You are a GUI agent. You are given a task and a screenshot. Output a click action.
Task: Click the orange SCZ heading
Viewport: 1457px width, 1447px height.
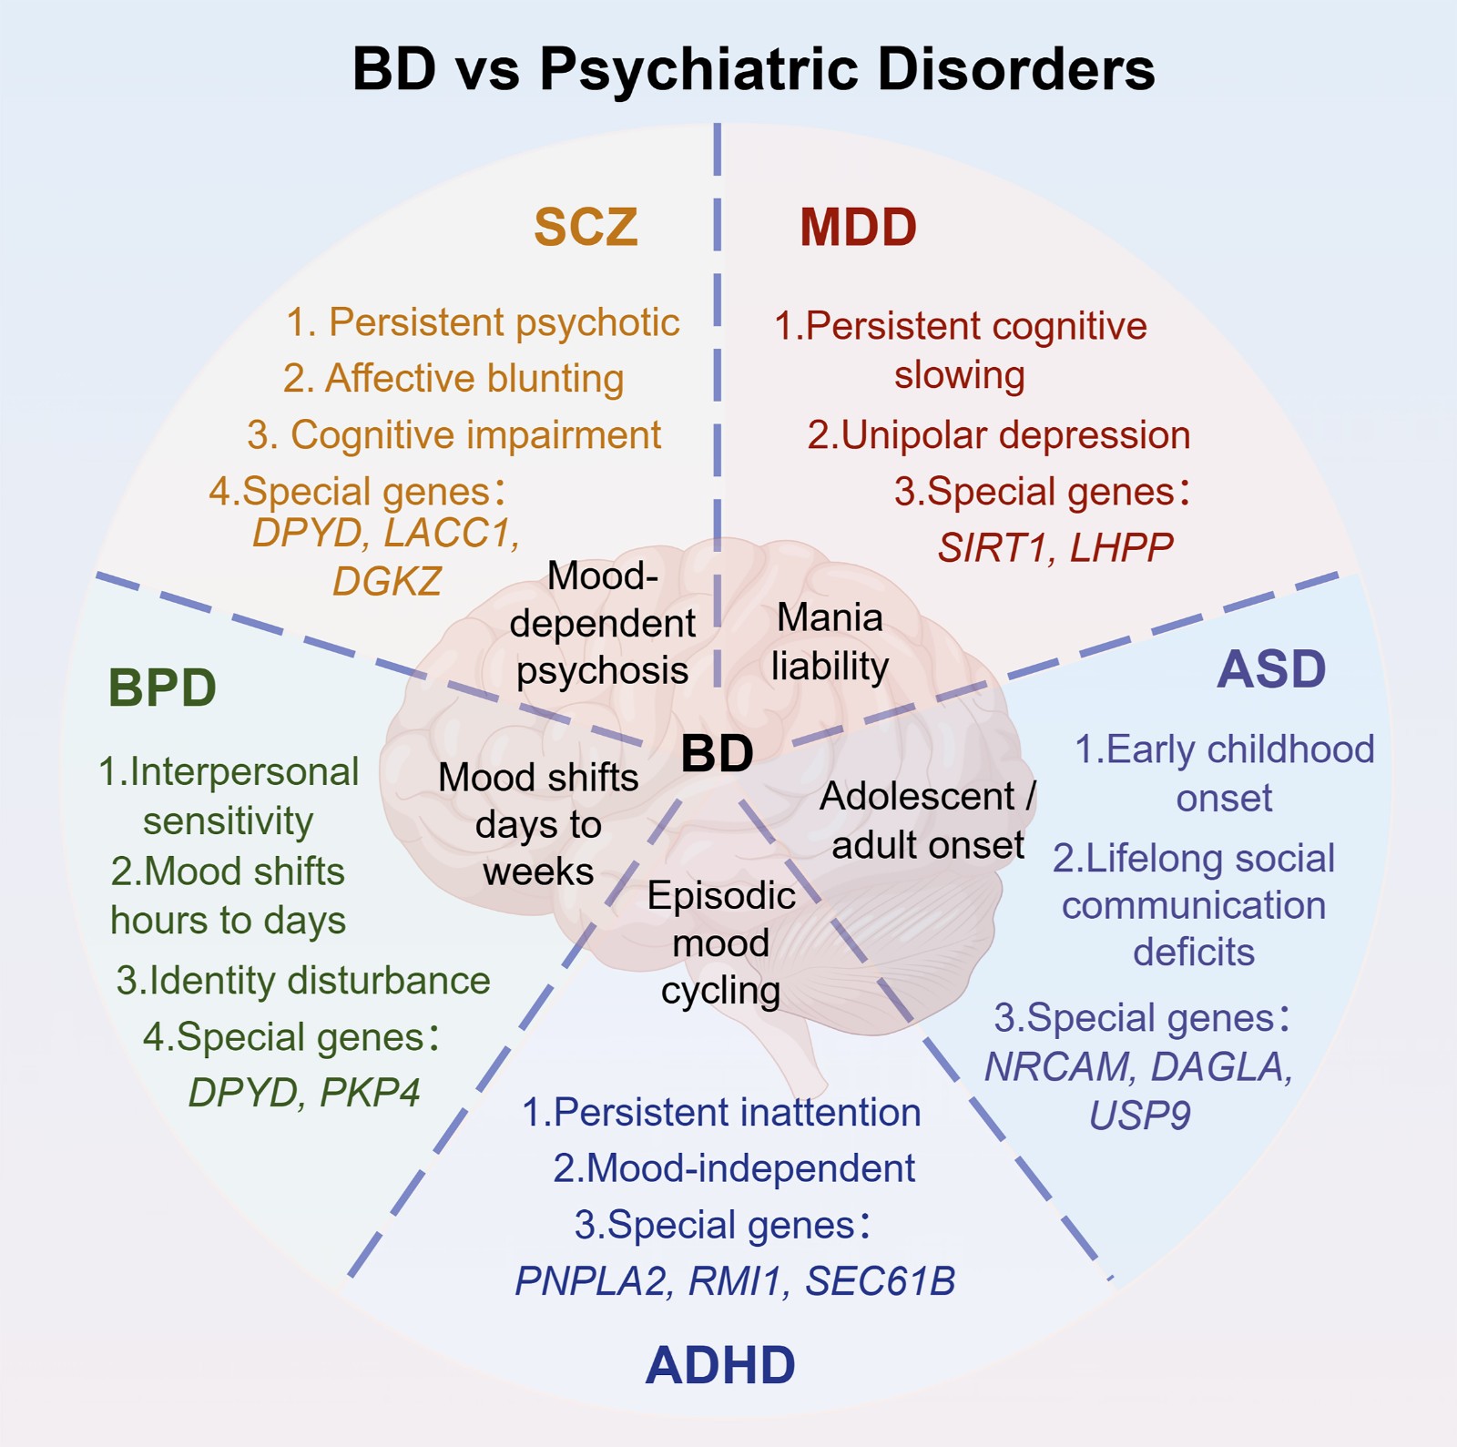(586, 227)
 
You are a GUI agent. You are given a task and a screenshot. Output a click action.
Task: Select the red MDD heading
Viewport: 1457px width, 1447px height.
(858, 227)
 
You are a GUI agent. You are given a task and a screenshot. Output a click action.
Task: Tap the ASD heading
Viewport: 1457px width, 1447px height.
(1271, 669)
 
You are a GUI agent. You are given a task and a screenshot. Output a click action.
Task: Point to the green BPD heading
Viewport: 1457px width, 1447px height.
(162, 688)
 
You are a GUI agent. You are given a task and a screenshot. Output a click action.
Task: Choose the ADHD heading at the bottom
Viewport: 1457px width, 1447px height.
(720, 1365)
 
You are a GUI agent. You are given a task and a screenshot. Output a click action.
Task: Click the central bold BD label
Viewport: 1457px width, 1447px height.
(718, 753)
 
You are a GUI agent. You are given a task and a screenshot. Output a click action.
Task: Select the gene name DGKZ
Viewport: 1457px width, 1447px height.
(387, 581)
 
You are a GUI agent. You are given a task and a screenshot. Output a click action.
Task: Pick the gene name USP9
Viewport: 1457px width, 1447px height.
(1140, 1116)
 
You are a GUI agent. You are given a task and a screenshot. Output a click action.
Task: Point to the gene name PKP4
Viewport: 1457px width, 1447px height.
(370, 1092)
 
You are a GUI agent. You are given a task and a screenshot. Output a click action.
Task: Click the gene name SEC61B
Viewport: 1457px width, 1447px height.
(881, 1281)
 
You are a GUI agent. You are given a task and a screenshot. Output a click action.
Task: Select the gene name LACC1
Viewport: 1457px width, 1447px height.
(452, 533)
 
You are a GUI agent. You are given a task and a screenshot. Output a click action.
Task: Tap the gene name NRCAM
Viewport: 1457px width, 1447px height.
(1058, 1066)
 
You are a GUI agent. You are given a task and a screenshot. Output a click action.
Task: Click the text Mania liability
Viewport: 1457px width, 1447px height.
(830, 642)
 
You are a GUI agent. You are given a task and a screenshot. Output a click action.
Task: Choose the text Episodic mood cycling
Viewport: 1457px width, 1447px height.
(721, 943)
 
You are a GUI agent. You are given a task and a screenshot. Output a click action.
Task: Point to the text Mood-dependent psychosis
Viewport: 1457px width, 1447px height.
(602, 623)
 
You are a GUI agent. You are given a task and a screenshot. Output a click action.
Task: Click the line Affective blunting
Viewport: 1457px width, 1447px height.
(453, 379)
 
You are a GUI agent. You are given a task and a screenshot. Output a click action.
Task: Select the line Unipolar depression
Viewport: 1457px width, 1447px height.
(999, 435)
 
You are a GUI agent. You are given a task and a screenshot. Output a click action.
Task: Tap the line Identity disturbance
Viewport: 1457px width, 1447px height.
(303, 981)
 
